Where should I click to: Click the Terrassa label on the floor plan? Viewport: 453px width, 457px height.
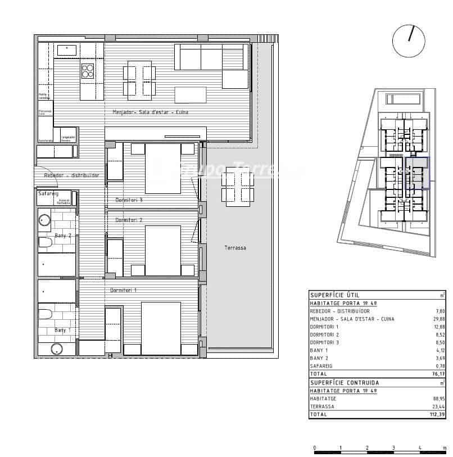pyautogui.click(x=235, y=248)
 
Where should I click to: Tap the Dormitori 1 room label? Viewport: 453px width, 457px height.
pyautogui.click(x=124, y=290)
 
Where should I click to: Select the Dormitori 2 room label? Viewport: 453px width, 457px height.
pyautogui.click(x=129, y=220)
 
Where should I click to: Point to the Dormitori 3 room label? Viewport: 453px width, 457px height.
pyautogui.click(x=129, y=200)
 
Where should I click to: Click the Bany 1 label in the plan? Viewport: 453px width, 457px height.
pyautogui.click(x=62, y=330)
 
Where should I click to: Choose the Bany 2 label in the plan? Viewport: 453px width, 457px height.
pyautogui.click(x=62, y=236)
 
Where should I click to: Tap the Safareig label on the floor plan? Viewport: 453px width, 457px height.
pyautogui.click(x=48, y=193)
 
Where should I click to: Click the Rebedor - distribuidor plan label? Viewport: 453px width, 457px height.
pyautogui.click(x=72, y=175)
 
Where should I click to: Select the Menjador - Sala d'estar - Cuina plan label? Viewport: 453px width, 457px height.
pyautogui.click(x=150, y=112)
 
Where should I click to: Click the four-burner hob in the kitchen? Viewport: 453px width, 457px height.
pyautogui.click(x=88, y=71)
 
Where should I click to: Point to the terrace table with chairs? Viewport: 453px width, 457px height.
pyautogui.click(x=237, y=185)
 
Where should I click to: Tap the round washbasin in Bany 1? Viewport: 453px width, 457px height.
pyautogui.click(x=56, y=349)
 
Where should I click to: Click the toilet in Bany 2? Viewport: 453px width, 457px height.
pyautogui.click(x=45, y=243)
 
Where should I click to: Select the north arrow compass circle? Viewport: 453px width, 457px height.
pyautogui.click(x=409, y=41)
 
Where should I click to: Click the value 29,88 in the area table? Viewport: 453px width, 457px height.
pyautogui.click(x=437, y=319)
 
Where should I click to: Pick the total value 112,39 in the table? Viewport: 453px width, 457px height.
pyautogui.click(x=436, y=414)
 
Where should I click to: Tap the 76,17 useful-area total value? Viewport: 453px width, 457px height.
pyautogui.click(x=437, y=373)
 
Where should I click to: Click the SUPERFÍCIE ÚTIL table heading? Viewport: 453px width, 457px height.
pyautogui.click(x=334, y=295)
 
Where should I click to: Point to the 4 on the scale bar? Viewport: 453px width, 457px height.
pyautogui.click(x=419, y=447)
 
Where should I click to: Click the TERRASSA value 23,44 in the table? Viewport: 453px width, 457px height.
pyautogui.click(x=437, y=406)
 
